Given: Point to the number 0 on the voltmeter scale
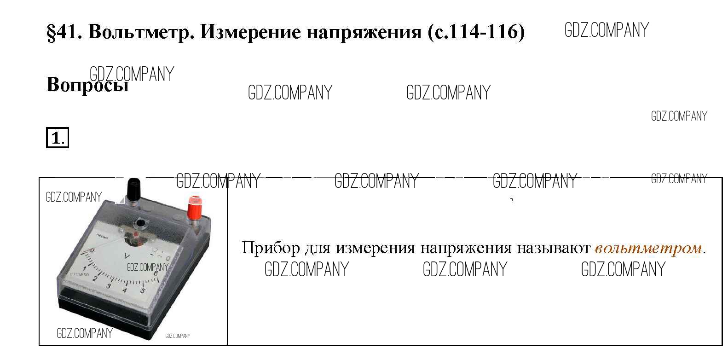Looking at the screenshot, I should tap(92, 250).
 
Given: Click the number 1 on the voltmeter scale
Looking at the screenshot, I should tap(84, 269).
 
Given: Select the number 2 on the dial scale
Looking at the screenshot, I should tap(95, 279).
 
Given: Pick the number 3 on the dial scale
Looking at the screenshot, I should tap(109, 286).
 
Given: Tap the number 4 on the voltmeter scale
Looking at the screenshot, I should tap(124, 290).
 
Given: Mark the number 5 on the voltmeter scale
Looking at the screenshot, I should tap(142, 290).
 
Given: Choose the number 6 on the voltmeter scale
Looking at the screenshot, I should tap(156, 273).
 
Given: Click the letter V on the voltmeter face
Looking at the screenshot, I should tap(127, 256).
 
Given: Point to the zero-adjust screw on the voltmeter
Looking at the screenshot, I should tap(139, 224).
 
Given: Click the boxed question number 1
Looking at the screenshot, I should tap(57, 138).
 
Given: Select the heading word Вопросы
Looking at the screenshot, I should tap(87, 85).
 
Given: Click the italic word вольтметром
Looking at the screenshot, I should tap(648, 249).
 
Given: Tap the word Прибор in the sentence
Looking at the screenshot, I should tap(271, 248).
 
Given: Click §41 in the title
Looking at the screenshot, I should tap(64, 32).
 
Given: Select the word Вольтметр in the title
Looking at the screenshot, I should tap(141, 32).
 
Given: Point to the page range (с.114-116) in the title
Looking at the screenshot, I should tap(476, 32).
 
